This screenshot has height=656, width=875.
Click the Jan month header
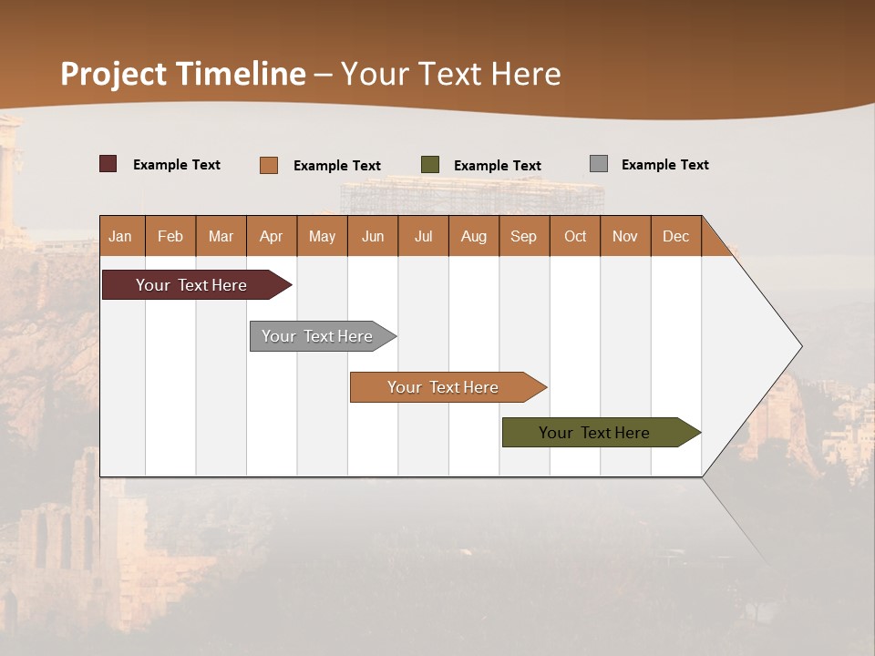coord(121,236)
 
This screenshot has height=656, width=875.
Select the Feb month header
coord(170,236)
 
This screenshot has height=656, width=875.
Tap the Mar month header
coord(221,236)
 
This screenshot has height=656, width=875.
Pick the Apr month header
coord(272,236)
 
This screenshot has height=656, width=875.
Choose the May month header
coord(322,236)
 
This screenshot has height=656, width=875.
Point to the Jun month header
coord(373,236)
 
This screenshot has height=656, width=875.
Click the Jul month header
coord(423,236)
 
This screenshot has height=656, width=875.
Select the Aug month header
coord(474,236)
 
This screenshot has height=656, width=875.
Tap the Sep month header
coord(524,236)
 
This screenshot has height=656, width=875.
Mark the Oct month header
coord(575,236)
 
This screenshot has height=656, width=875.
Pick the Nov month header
coord(625,236)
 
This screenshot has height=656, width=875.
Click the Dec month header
coord(676,236)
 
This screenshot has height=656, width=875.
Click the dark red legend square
coord(108,164)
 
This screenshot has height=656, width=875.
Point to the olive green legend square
coord(430,165)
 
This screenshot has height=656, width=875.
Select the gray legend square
coord(599,164)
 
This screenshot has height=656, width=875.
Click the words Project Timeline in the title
coord(183,74)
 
